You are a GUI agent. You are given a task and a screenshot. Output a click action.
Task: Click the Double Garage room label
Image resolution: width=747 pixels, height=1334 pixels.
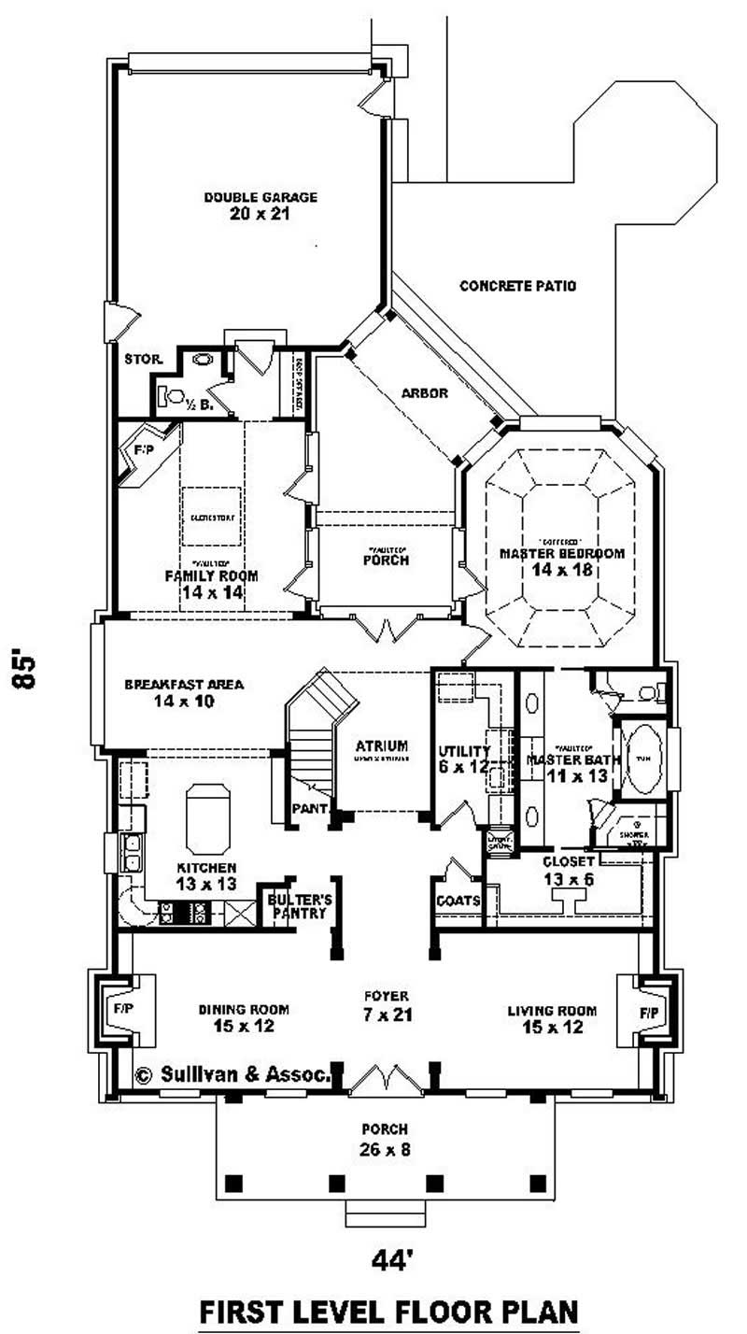point(247,205)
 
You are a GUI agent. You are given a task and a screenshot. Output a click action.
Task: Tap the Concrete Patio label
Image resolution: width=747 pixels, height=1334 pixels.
point(517,286)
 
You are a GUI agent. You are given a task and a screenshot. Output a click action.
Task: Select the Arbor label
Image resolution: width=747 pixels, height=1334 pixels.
point(425,393)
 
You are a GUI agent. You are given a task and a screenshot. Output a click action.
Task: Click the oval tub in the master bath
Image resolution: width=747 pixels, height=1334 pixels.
point(641,758)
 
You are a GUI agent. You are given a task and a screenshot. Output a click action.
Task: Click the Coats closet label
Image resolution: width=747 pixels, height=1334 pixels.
point(458,901)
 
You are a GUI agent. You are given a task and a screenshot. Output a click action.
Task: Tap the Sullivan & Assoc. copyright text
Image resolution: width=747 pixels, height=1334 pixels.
point(233,1075)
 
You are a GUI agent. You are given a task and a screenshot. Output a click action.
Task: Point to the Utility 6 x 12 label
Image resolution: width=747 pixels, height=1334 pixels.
point(464,759)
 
